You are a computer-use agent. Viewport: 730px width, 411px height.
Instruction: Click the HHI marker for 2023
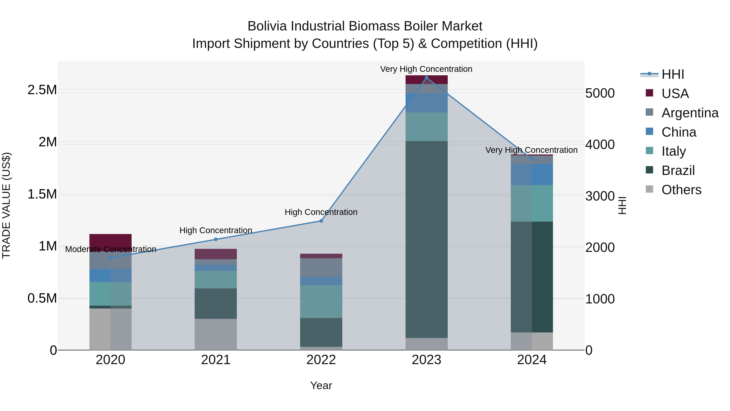pos(426,78)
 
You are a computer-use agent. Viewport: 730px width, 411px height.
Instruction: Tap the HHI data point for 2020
pos(111,258)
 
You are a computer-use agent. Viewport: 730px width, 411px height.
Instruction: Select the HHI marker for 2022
pos(321,221)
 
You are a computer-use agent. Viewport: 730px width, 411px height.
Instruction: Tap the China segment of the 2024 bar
pos(532,174)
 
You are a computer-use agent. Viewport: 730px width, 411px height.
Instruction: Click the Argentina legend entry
pos(690,113)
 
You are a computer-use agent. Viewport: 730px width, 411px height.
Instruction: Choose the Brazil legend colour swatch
pos(649,170)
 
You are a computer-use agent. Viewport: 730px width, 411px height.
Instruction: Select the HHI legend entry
pos(672,74)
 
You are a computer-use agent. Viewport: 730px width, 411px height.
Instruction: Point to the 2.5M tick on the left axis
pos(42,90)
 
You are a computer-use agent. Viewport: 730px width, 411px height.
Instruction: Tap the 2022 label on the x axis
pos(321,360)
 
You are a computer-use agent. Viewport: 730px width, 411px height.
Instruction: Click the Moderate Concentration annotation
pos(111,249)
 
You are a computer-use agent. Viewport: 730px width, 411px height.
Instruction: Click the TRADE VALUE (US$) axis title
pos(6,205)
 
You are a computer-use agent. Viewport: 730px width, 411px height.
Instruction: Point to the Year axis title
pos(321,385)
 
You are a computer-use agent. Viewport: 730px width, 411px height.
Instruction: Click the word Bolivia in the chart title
pos(267,26)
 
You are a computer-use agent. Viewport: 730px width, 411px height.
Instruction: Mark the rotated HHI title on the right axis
pos(622,205)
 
